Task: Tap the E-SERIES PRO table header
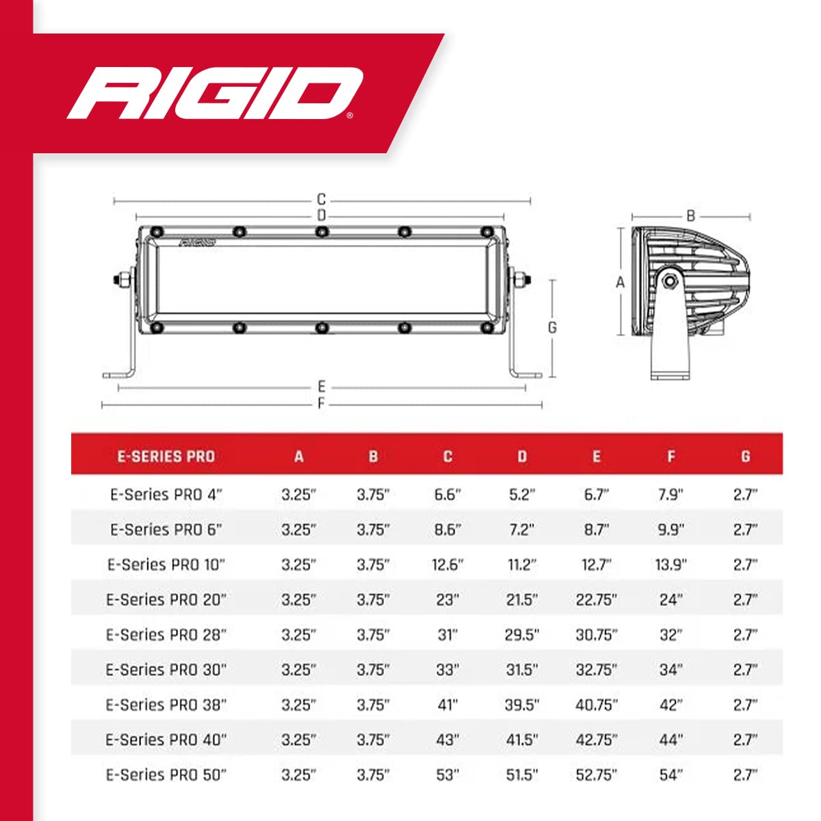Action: pyautogui.click(x=166, y=456)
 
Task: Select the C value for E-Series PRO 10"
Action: pyautogui.click(x=447, y=564)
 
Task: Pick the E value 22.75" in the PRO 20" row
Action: pyautogui.click(x=596, y=599)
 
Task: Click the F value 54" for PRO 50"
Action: pyautogui.click(x=670, y=774)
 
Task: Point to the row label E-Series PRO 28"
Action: pyautogui.click(x=166, y=634)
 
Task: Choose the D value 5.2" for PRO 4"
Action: pyautogui.click(x=522, y=495)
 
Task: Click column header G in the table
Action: pyautogui.click(x=745, y=456)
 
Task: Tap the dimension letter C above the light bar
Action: pyautogui.click(x=322, y=199)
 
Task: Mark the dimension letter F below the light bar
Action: pyautogui.click(x=322, y=403)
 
